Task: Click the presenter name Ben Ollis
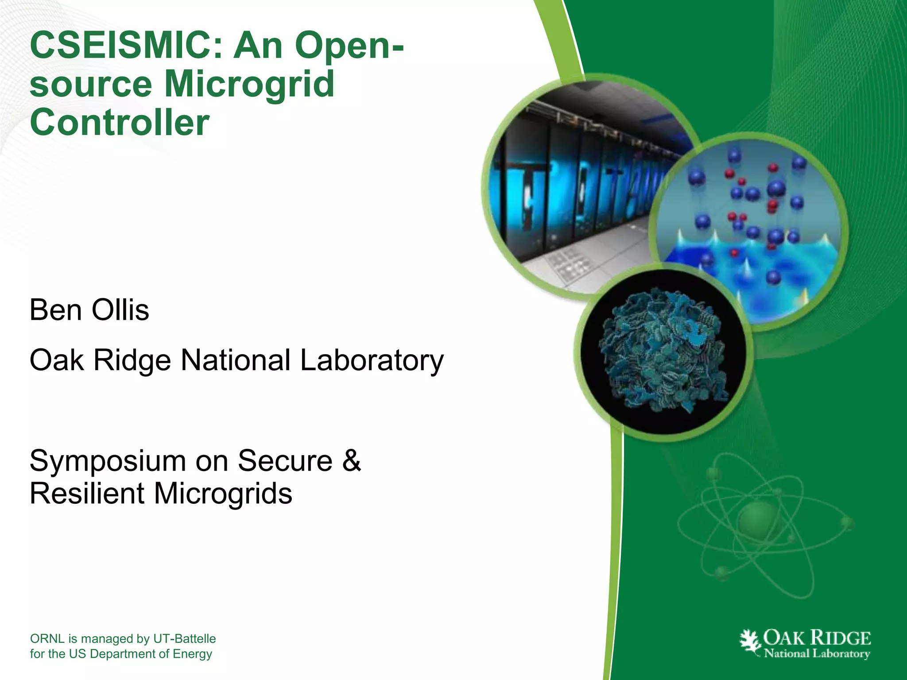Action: (x=89, y=310)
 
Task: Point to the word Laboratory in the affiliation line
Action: (x=372, y=360)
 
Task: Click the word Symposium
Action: (x=108, y=461)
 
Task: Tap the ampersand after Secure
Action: (x=352, y=461)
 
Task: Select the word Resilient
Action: (x=87, y=494)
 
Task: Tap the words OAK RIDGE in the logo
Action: (x=817, y=638)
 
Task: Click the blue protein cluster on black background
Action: (x=662, y=350)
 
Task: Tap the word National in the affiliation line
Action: (x=235, y=360)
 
